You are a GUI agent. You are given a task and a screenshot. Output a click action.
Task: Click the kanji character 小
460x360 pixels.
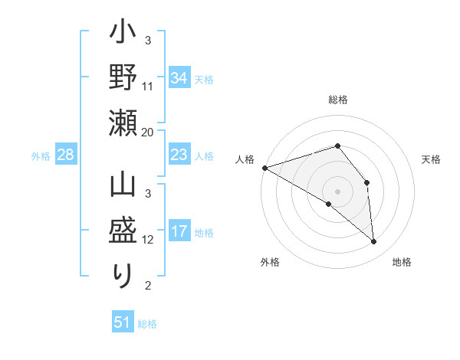point(123,36)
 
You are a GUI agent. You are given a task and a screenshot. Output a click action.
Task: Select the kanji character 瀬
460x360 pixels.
point(123,123)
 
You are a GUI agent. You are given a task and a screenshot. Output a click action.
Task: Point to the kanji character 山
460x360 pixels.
point(123,188)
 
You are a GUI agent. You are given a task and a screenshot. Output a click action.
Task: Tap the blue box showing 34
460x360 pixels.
point(179,78)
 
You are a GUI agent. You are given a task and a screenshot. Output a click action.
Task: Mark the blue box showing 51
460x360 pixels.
point(123,322)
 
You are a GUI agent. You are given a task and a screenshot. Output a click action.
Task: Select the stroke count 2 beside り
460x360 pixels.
point(147,286)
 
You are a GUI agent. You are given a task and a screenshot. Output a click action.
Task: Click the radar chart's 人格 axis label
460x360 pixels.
point(245,159)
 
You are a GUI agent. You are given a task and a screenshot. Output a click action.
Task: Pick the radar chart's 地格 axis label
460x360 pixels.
point(402,262)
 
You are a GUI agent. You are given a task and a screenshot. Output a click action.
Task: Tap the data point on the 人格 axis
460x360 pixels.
point(264,167)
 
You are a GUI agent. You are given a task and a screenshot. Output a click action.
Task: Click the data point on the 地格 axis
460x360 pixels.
point(374,242)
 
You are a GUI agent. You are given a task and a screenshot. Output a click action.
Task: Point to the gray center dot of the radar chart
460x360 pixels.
point(337,191)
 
